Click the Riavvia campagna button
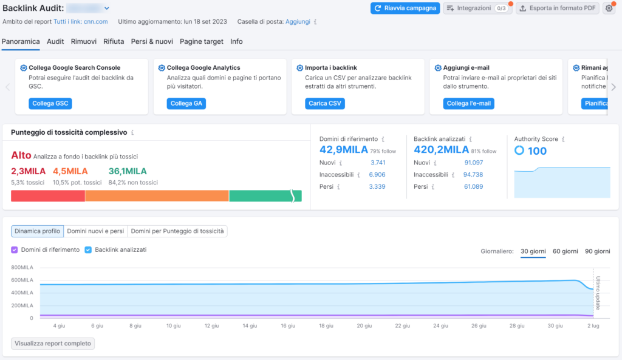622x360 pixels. [405, 8]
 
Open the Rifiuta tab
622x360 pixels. [114, 41]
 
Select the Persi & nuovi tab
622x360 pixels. [152, 41]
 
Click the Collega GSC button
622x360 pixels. [50, 104]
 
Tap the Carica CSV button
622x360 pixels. [325, 104]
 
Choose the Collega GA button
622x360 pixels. [186, 104]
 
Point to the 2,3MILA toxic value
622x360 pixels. [29, 171]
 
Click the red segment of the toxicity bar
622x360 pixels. [48, 195]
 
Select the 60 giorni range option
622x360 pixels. [565, 251]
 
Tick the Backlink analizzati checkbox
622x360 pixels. [89, 250]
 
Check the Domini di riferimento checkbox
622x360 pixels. [15, 250]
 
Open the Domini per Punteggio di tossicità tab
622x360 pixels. [177, 231]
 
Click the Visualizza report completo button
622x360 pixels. [53, 344]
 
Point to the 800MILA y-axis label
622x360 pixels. [22, 267]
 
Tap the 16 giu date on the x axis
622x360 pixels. [287, 326]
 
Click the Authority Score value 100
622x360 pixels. [536, 151]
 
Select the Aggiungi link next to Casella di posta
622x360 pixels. [298, 21]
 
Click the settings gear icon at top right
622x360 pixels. [609, 8]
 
